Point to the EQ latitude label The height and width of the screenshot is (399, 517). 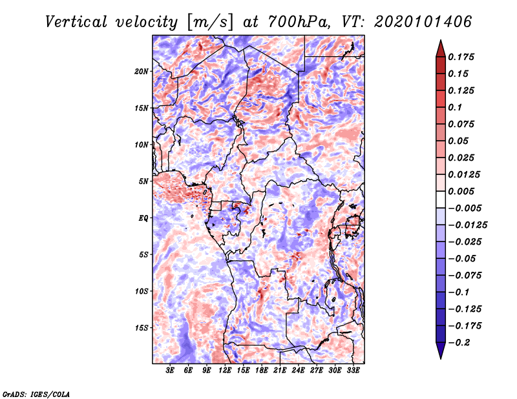[143, 218]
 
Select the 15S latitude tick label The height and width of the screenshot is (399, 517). [142, 327]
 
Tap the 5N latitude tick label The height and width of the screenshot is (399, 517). [144, 181]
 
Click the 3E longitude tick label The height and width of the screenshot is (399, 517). [170, 371]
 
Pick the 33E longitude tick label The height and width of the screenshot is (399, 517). [353, 371]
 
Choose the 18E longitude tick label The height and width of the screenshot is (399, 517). [262, 371]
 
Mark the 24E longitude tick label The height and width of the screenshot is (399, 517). [298, 371]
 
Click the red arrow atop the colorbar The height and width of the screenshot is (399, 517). [439, 47]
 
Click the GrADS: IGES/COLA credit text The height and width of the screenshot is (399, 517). [36, 393]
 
